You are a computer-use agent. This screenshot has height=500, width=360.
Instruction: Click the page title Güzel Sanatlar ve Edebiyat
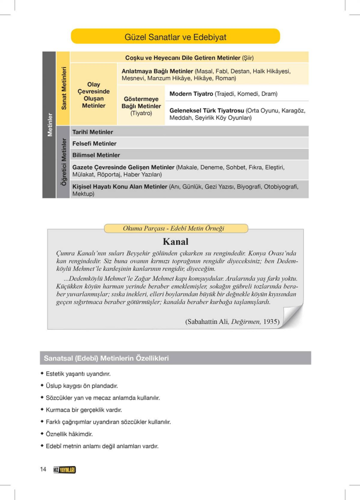point(175,37)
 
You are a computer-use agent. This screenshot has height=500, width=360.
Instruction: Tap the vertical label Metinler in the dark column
point(50,124)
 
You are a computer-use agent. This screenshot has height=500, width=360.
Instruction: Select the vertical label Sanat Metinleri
point(64,88)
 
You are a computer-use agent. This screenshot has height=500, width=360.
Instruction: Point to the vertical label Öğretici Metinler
point(64,162)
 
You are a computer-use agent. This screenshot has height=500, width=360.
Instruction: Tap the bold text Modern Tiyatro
point(191,94)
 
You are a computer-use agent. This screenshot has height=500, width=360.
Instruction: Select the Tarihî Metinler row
point(93,132)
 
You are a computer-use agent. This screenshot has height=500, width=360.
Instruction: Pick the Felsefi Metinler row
point(94,143)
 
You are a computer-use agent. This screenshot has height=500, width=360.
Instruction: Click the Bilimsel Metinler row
point(96,155)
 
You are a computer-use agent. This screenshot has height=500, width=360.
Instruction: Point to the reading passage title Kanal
point(175,241)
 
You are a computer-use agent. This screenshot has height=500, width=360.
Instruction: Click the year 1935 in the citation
point(271,322)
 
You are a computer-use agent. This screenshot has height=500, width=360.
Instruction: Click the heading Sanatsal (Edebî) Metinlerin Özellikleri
point(106,358)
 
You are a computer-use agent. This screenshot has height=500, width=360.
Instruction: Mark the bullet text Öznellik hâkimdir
point(69,434)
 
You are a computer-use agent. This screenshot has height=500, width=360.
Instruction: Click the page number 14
point(43,469)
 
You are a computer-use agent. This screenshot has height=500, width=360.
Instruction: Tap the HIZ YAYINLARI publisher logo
point(65,470)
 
